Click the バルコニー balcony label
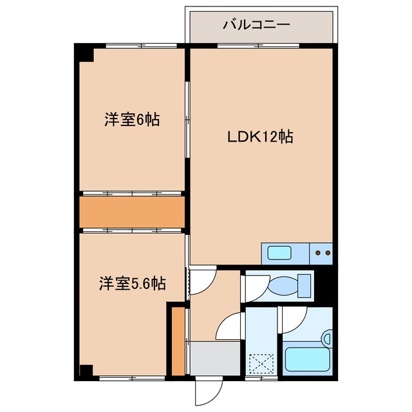pyautogui.click(x=256, y=25)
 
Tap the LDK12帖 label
pyautogui.click(x=260, y=136)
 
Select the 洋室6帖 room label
pyautogui.click(x=132, y=120)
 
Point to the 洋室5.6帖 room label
pyautogui.click(x=133, y=283)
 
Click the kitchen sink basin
pyautogui.click(x=279, y=253)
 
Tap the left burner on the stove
pyautogui.click(x=318, y=253)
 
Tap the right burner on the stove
pyautogui.click(x=328, y=253)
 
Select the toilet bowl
pyautogui.click(x=283, y=286)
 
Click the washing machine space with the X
pyautogui.click(x=261, y=364)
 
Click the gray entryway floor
pyautogui.click(x=215, y=358)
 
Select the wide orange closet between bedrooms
pyautogui.click(x=132, y=212)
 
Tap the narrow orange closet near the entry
pyautogui.click(x=178, y=342)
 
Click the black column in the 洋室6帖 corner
pyautogui.click(x=84, y=53)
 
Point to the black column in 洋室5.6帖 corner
pyautogui.click(x=86, y=371)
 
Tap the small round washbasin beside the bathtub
pyautogui.click(x=328, y=339)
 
